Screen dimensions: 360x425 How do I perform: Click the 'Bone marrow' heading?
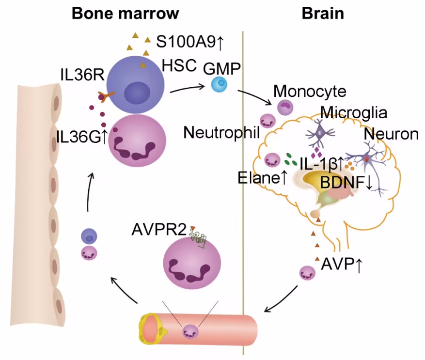125,13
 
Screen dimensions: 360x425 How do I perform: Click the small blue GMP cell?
220,85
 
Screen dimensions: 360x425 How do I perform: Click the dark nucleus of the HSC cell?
138,92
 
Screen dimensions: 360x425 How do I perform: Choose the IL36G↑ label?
81,137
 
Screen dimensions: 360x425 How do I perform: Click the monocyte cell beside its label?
284,107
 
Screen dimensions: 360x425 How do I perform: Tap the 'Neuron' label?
392,134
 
